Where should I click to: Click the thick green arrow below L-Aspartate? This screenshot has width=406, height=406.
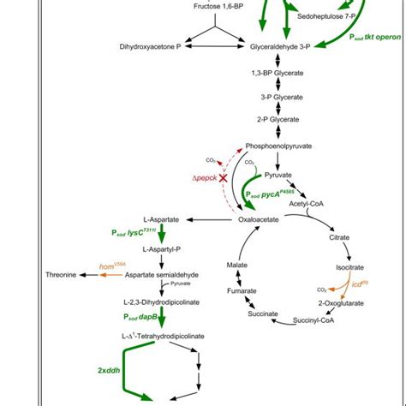coord(161,236)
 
